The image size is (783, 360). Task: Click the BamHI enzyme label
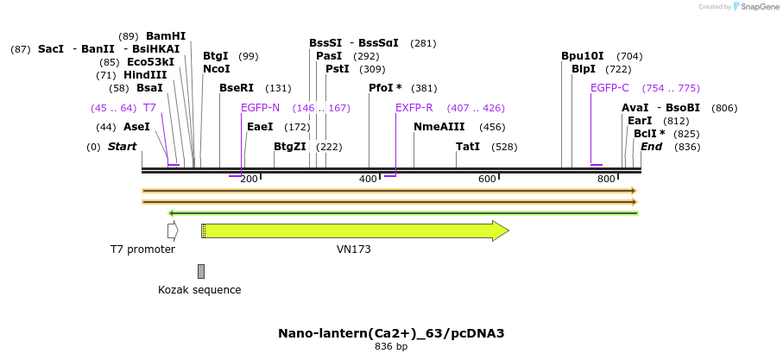(x=166, y=36)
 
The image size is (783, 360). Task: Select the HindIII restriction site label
(x=145, y=75)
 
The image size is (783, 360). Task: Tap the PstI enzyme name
(x=338, y=69)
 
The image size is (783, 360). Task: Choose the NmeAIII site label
(x=439, y=127)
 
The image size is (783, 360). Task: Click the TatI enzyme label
(x=468, y=147)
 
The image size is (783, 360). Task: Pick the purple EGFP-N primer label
(x=260, y=108)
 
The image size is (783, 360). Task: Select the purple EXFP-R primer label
(x=414, y=108)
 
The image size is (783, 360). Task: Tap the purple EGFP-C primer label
(x=609, y=88)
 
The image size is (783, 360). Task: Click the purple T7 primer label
(x=150, y=108)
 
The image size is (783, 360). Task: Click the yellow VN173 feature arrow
(x=355, y=231)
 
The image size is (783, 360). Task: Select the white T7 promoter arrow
(x=173, y=231)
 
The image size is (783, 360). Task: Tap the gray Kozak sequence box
(x=201, y=271)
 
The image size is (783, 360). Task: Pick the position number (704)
(x=629, y=56)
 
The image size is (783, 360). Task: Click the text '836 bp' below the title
(x=391, y=346)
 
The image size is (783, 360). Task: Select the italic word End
(x=651, y=147)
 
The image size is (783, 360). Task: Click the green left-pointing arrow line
(x=403, y=213)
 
